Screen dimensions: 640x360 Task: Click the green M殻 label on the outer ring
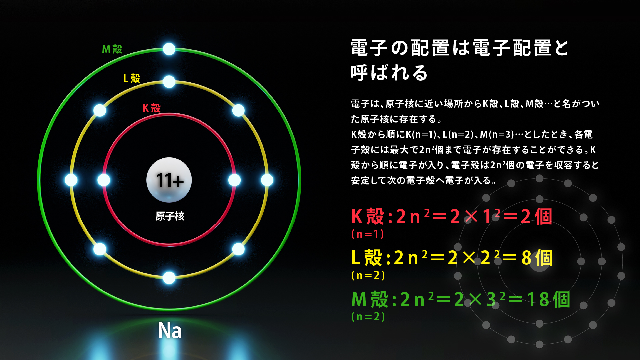point(112,49)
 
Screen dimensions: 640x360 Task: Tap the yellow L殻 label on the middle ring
point(132,78)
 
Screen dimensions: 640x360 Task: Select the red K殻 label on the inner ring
point(152,108)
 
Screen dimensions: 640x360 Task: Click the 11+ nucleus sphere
point(169,180)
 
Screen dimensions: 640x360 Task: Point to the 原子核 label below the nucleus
point(170,216)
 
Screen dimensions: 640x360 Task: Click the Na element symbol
point(170,331)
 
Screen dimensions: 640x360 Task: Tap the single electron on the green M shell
point(169,49)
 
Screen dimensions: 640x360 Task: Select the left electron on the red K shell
point(104,180)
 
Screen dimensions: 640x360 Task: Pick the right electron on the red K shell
point(235,180)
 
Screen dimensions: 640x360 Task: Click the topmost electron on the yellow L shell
point(169,82)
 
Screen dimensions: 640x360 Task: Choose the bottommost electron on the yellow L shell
point(169,278)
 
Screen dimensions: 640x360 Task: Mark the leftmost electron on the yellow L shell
point(71,180)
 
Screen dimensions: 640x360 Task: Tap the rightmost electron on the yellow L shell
point(267,180)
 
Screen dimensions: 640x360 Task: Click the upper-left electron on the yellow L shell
point(100,110)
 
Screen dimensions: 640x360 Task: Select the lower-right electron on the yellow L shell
point(238,249)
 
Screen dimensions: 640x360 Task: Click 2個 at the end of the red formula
point(536,217)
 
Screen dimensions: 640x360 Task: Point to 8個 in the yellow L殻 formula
point(537,258)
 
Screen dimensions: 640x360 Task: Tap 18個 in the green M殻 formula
point(549,299)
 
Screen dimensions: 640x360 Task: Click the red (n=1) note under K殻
point(368,234)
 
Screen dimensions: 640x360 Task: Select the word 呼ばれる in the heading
point(389,73)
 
